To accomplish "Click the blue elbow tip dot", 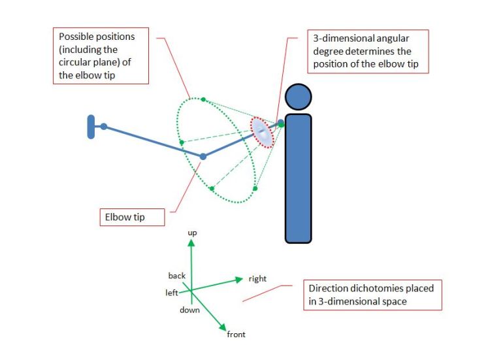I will [x=203, y=156].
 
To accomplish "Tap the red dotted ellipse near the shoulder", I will [x=263, y=132].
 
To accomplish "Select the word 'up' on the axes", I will [x=192, y=233].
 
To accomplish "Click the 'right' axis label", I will [x=257, y=279].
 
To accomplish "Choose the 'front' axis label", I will [x=236, y=335].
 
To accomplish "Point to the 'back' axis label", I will [x=177, y=276].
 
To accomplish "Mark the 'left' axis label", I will [x=172, y=293].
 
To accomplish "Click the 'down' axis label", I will [x=189, y=310].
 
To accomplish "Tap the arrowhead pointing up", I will [x=191, y=242].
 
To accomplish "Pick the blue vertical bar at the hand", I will [x=90, y=127].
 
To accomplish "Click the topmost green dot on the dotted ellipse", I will [x=203, y=100].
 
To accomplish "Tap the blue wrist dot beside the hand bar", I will [x=103, y=127].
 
